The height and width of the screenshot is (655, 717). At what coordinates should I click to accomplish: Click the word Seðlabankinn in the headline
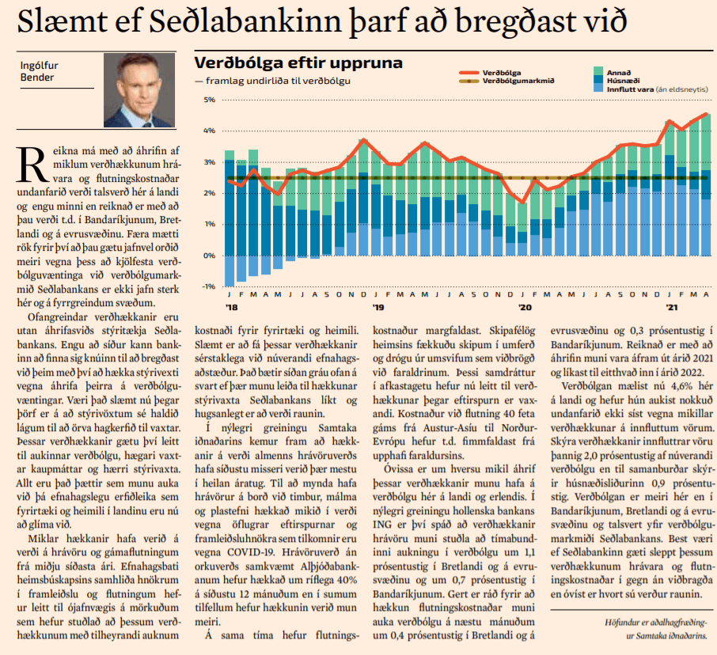pos(245,21)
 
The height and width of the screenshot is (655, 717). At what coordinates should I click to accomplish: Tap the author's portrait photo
pos(139,90)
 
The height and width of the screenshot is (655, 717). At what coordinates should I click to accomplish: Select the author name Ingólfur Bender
pos(39,71)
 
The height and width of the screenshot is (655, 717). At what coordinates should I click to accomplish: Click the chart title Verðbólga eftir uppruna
pos(298,62)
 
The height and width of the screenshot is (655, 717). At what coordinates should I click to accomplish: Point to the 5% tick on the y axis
pos(210,100)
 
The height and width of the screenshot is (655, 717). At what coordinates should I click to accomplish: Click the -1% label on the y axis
pos(209,286)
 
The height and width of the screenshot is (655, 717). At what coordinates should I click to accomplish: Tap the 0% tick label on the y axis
pos(210,256)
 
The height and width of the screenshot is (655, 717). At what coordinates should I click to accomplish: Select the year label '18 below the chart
pos(232,307)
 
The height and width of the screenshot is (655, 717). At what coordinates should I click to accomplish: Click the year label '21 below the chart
pos(672,307)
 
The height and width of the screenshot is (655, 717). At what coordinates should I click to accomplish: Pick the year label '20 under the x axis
pos(525,307)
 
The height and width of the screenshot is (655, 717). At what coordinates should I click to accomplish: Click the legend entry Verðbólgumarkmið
pos(518,81)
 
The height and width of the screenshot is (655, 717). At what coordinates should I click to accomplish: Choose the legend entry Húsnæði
pos(624,81)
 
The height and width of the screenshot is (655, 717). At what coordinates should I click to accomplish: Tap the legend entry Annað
pos(619,73)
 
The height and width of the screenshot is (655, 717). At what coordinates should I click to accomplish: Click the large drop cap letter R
pos(32,165)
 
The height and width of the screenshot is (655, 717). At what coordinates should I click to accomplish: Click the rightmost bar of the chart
pos(706,184)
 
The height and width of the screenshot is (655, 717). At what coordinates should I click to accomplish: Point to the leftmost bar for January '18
pos(230,218)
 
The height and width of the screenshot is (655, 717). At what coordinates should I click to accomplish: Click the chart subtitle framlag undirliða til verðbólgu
pos(278,81)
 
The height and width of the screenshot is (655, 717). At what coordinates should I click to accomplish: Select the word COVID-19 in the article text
pos(246,552)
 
